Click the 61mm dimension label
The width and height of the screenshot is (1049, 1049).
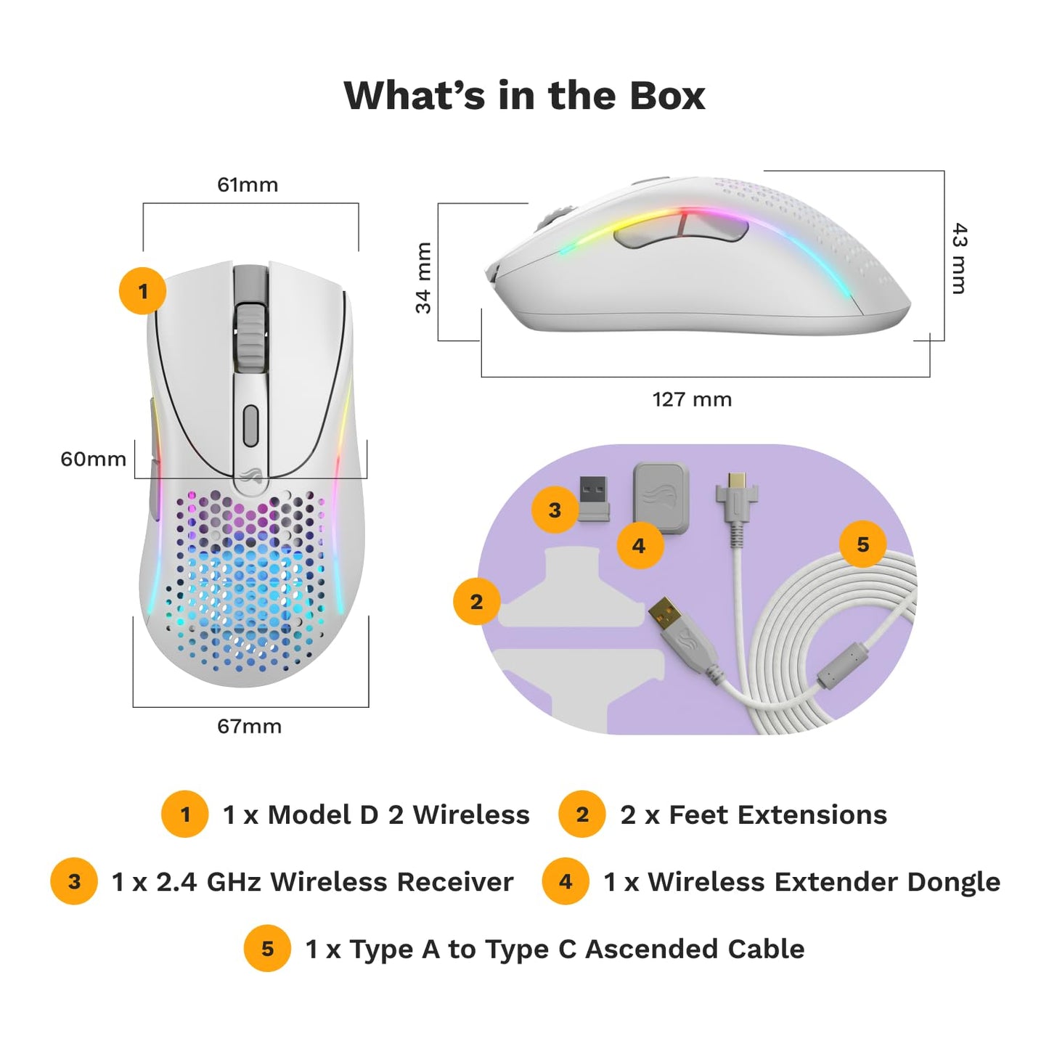(247, 185)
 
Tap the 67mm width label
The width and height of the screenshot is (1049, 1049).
(249, 726)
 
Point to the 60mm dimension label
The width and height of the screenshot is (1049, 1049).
(93, 459)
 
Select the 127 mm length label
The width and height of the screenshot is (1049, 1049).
(692, 399)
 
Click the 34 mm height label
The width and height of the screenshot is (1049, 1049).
(423, 278)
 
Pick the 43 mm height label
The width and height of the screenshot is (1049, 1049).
(959, 258)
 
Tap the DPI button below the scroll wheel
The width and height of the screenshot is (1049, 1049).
(250, 425)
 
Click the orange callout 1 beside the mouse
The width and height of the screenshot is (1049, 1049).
(142, 290)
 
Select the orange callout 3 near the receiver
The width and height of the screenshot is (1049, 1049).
(555, 510)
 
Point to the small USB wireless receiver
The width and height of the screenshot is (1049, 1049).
(593, 499)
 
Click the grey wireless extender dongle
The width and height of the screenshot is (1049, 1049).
(661, 499)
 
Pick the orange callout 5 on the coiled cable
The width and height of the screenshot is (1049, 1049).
(863, 544)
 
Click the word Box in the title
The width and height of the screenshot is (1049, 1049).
(667, 96)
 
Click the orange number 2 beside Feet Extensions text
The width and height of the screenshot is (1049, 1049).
(582, 815)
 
